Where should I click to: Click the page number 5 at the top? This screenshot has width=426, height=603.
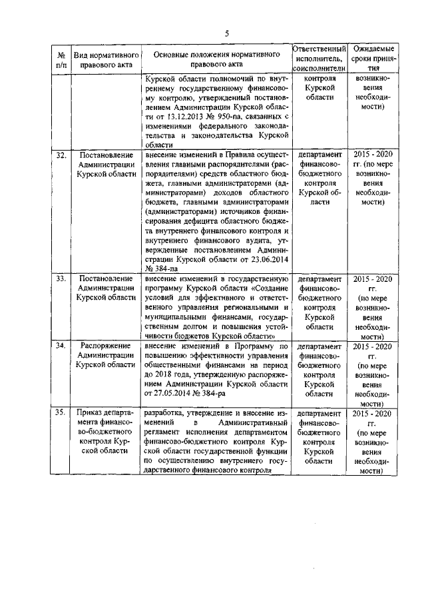(226, 33)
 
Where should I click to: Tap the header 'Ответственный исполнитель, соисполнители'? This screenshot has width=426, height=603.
(319, 59)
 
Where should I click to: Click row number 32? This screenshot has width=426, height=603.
(60, 155)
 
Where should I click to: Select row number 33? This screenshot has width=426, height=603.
(60, 278)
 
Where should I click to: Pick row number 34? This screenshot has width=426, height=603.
(60, 346)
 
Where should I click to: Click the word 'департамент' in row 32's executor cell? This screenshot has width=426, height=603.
(319, 155)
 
